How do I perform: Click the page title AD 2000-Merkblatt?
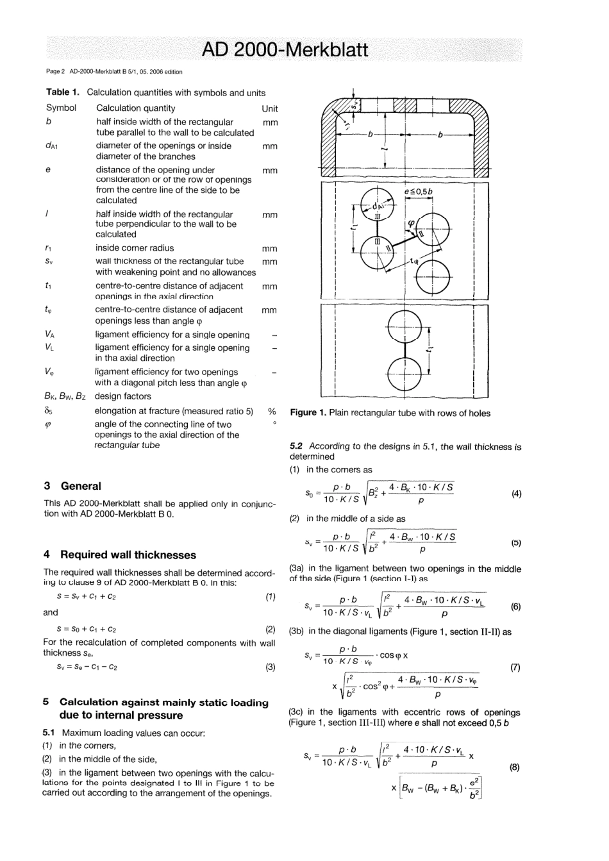(x=285, y=50)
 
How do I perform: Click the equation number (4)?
(x=516, y=494)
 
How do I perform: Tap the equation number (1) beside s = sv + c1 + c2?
(x=271, y=596)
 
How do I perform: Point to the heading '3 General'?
(x=72, y=486)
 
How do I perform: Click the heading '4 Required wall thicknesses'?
(x=120, y=555)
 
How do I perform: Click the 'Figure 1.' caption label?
(x=308, y=413)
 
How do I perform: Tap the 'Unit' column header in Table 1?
(x=270, y=108)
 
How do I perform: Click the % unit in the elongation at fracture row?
(x=272, y=411)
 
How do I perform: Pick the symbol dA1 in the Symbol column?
(x=51, y=146)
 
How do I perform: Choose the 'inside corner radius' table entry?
(x=135, y=248)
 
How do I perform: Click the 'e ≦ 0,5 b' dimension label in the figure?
(x=419, y=192)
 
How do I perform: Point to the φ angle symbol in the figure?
(x=412, y=223)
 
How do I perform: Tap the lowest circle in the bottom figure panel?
(x=400, y=372)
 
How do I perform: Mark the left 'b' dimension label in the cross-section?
(x=370, y=135)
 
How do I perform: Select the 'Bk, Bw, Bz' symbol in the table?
(x=65, y=396)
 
